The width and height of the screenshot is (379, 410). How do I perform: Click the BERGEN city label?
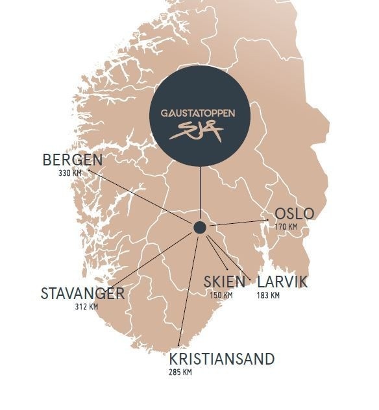tap(73, 160)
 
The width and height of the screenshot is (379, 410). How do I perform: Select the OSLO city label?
tap(294, 214)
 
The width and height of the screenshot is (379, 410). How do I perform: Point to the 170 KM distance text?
tap(286, 227)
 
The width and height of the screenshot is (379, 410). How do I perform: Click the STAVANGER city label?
tap(82, 293)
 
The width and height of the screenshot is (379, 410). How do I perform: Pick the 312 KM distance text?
tap(86, 306)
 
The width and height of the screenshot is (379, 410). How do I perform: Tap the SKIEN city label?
tap(225, 282)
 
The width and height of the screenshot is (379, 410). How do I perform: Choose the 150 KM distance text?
tap(221, 295)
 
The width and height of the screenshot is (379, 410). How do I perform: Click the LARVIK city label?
tap(282, 282)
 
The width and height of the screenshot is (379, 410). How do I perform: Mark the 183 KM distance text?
tap(268, 295)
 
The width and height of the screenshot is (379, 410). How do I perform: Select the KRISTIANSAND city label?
tap(222, 359)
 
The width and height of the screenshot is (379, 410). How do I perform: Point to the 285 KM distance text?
tap(180, 372)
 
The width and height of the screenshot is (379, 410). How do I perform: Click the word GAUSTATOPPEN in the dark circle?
tap(198, 113)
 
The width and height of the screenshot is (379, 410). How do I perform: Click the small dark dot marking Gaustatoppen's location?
tap(200, 227)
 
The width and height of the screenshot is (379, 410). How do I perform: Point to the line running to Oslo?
tap(237, 224)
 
